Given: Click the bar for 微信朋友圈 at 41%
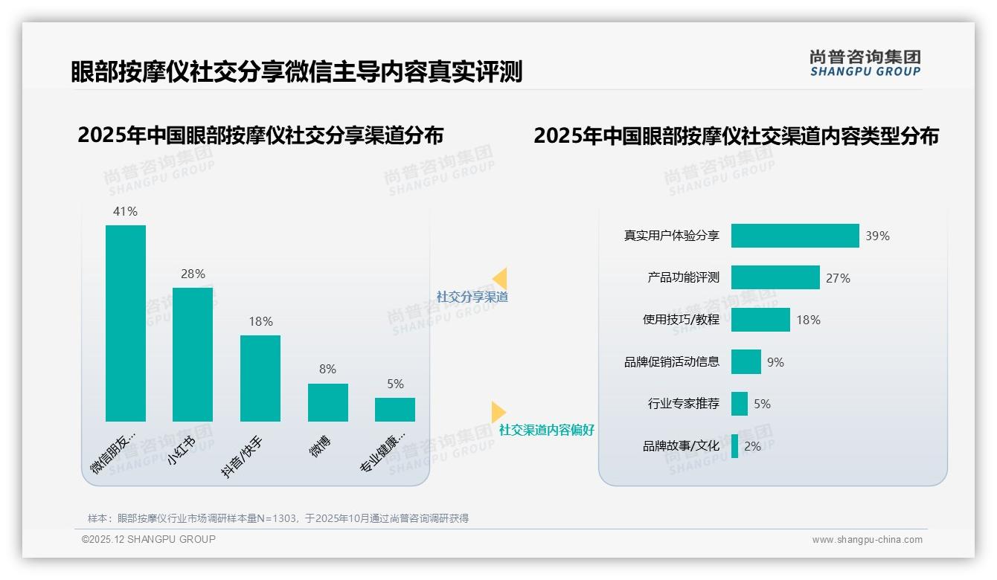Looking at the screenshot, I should coord(125,323).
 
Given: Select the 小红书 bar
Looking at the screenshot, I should coord(192,354).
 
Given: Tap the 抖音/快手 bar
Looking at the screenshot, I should coord(260,378).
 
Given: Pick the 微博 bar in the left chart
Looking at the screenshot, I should coord(327,402).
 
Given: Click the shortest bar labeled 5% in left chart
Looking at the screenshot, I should coord(394,410).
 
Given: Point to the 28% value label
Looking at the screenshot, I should coord(193,274).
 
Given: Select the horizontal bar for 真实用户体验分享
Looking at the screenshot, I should coord(795,236).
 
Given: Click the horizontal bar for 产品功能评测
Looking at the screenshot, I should coord(775,277).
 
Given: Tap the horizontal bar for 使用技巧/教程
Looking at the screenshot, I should coord(760,320).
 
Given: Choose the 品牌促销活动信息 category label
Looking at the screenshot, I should coord(672,362).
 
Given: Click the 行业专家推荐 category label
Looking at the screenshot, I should coord(684,404).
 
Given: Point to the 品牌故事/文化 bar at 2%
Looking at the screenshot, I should coord(734,446).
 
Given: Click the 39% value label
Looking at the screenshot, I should coord(877,236).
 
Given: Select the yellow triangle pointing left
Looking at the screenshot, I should coord(500,278).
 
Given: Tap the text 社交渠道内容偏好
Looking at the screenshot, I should coord(546,430).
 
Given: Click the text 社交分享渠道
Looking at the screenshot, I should coord(472,297).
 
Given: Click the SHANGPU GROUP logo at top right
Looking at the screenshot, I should coord(865,63).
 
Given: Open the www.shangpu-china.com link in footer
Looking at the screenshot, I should coord(867,540).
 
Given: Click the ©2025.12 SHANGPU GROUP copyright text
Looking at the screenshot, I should coord(149,539).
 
